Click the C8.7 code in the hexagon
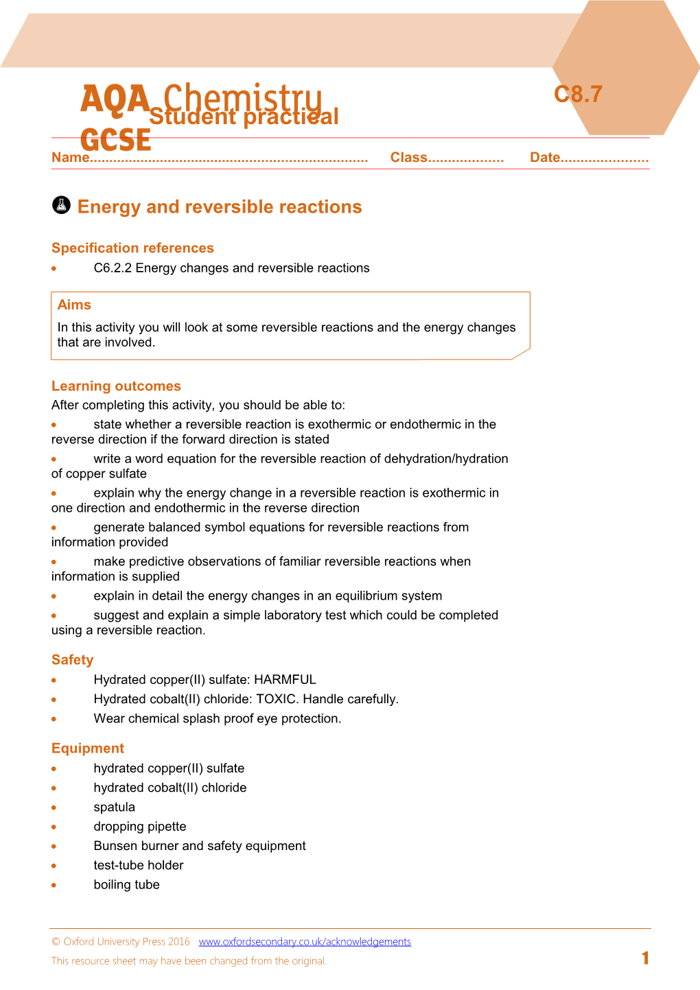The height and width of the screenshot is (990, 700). [578, 95]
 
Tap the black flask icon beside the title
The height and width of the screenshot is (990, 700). [61, 205]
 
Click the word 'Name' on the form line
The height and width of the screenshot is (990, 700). [70, 158]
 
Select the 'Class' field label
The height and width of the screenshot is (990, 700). [409, 158]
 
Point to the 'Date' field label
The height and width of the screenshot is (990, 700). [545, 158]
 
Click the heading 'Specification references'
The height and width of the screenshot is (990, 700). [132, 248]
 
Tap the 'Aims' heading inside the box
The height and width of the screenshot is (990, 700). [74, 305]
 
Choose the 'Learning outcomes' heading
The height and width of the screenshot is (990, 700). [116, 386]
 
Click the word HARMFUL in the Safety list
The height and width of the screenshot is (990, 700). [285, 680]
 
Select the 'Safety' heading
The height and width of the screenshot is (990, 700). [72, 660]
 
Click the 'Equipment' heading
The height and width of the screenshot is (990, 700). [88, 749]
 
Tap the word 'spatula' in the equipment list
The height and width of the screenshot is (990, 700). [114, 808]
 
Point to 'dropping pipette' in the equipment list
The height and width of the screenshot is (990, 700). [140, 827]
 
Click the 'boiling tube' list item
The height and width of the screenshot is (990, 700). [126, 885]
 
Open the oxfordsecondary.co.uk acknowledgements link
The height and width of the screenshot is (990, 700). [305, 942]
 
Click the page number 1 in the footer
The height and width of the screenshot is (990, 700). [645, 958]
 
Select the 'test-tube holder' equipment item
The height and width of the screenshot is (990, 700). [139, 866]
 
